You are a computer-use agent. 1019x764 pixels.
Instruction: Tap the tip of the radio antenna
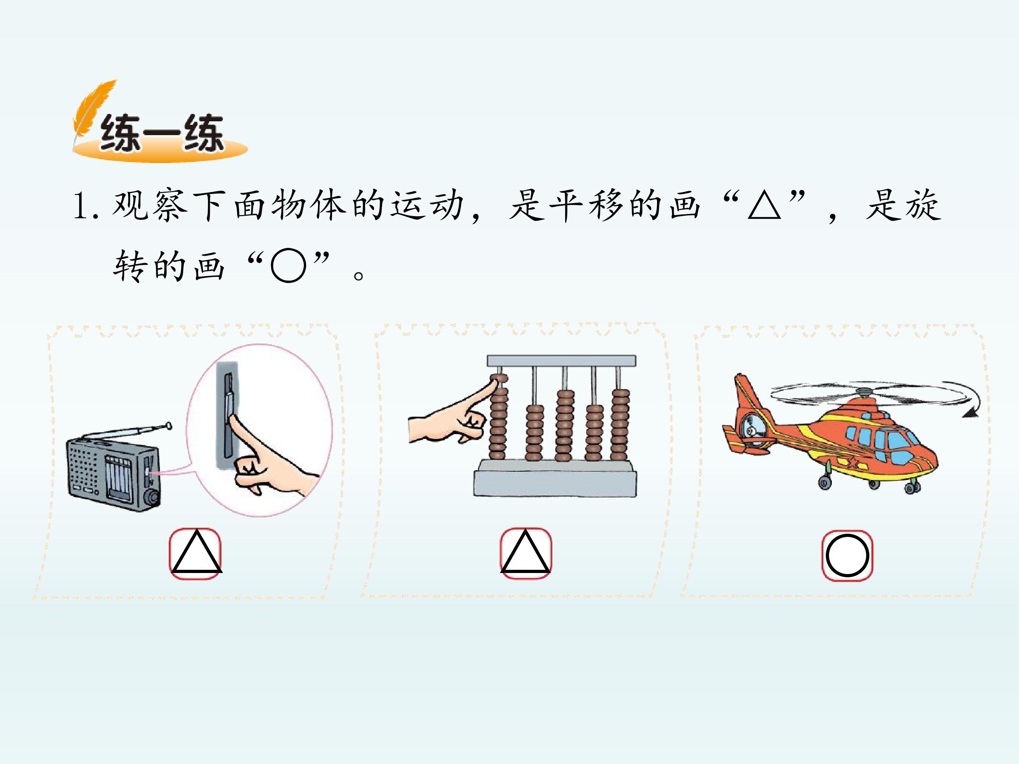pyautogui.click(x=169, y=426)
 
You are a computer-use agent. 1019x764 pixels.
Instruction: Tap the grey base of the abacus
pyautogui.click(x=555, y=479)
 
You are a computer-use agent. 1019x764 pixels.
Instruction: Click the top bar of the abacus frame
pyautogui.click(x=562, y=360)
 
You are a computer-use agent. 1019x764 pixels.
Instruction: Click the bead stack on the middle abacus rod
pyautogui.click(x=564, y=426)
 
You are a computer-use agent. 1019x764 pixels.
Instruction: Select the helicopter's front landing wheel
pyautogui.click(x=911, y=487)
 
